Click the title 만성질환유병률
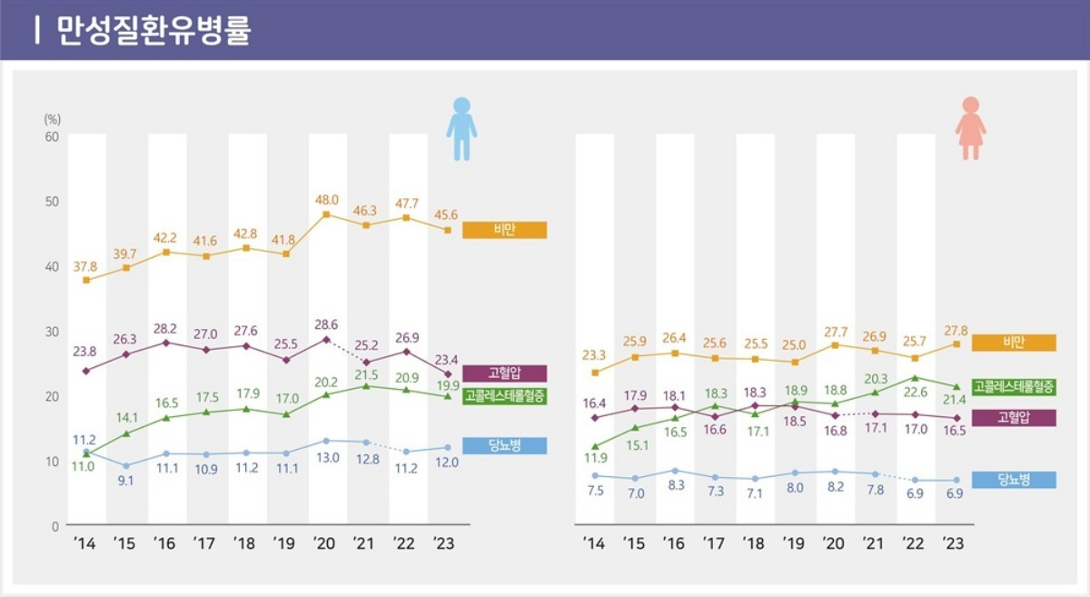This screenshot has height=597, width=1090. (x=154, y=30)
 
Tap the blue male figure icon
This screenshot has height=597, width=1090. (x=461, y=129)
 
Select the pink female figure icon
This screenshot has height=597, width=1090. (x=970, y=129)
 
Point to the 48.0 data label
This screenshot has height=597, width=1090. (x=326, y=200)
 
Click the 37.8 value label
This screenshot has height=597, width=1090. (x=86, y=264)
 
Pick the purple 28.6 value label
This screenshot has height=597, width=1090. (x=326, y=324)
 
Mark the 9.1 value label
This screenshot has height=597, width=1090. (x=126, y=481)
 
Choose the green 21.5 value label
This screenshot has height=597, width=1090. (x=366, y=374)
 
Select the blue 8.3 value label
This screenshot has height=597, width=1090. (x=674, y=486)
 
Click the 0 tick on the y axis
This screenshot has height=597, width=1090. (x=54, y=526)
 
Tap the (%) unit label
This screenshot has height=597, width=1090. (x=52, y=119)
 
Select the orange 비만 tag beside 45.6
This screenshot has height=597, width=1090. (x=504, y=230)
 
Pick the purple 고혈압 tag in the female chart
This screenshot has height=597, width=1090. (x=1013, y=417)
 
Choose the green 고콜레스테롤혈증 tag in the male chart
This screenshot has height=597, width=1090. (x=504, y=395)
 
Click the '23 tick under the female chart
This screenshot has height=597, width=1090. (x=953, y=544)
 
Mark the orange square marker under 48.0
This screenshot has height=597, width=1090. (x=326, y=214)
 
